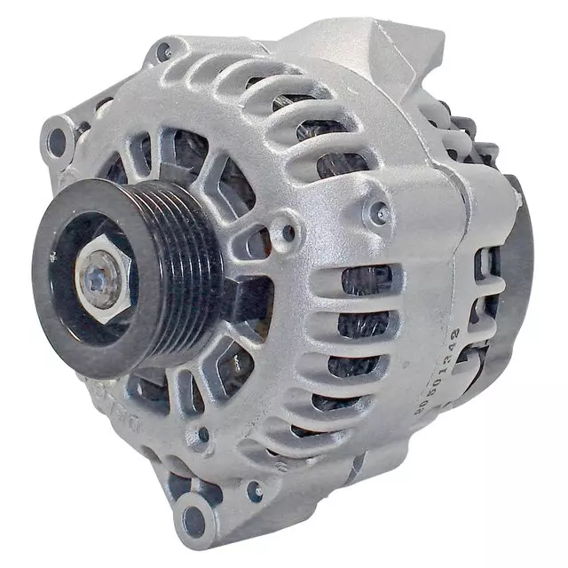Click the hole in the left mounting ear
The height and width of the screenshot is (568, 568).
(x=59, y=139)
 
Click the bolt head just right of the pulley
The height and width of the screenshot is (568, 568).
(x=286, y=233)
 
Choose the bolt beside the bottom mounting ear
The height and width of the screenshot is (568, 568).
(x=255, y=489)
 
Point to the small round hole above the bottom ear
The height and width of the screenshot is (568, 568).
(x=203, y=435)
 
